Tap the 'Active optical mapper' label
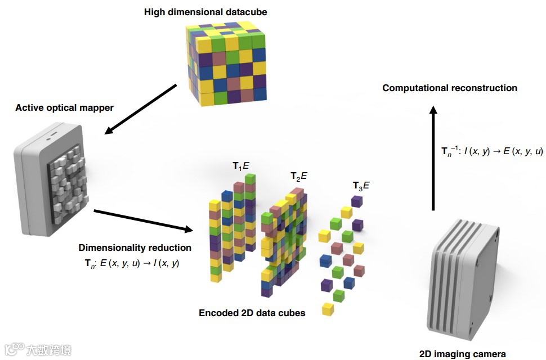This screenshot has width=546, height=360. tap(65, 107)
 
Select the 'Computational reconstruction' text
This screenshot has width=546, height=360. tap(450, 88)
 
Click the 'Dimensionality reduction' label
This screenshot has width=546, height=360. tap(135, 247)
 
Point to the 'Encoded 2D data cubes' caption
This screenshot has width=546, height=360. tap(252, 313)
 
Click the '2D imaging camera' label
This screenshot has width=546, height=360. tap(463, 354)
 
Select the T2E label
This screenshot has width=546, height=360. tap(298, 176)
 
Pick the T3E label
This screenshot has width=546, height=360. tap(361, 185)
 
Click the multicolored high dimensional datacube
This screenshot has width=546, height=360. tap(227, 63)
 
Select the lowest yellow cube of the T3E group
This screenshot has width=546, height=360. tap(327, 308)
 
